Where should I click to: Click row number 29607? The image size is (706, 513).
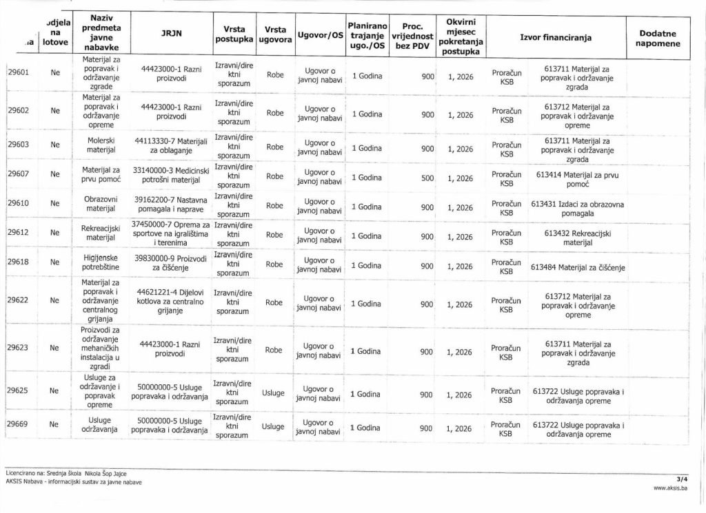(18, 174)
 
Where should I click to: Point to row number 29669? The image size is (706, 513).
(18, 424)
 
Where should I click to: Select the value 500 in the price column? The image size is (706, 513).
(427, 178)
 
